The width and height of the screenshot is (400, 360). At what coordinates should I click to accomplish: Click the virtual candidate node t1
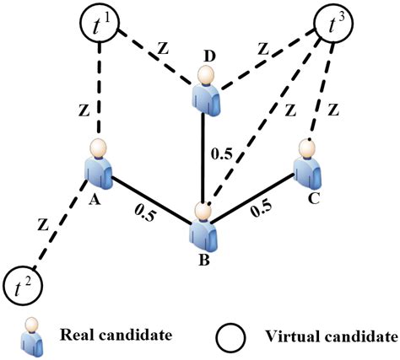pyautogui.click(x=103, y=24)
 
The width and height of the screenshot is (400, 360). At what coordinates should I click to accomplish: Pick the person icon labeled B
pyautogui.click(x=202, y=222)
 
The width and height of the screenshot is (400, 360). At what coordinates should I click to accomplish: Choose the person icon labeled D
pyautogui.click(x=203, y=94)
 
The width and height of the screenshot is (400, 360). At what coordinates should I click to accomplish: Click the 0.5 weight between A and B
pyautogui.click(x=143, y=215)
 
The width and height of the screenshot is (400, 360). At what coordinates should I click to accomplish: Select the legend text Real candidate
pyautogui.click(x=111, y=335)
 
